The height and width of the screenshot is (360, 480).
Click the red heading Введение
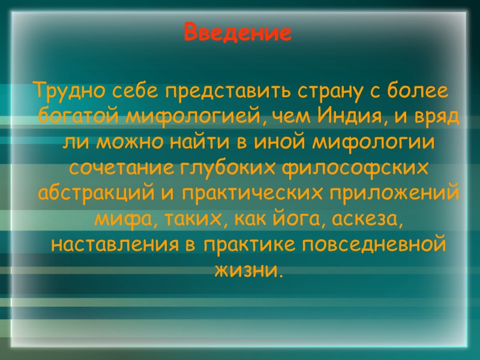coord(238,32)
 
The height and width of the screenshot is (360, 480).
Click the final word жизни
coord(247,271)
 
